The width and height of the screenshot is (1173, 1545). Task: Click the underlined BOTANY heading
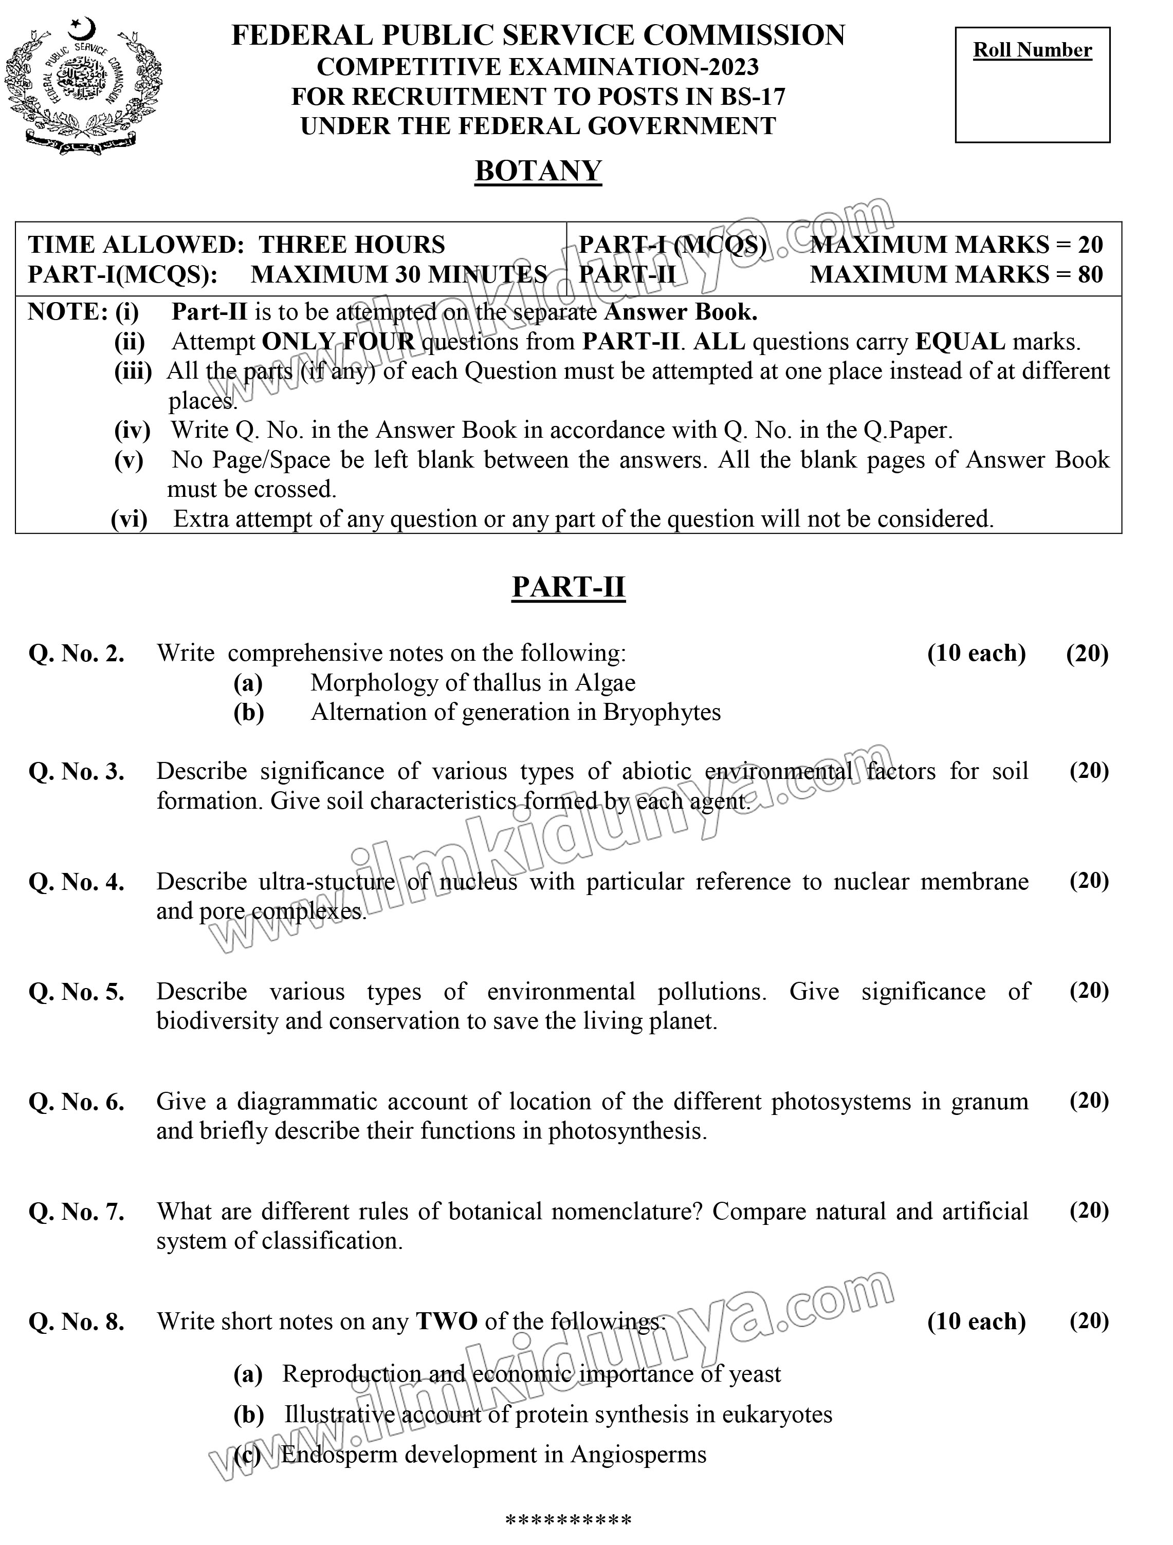click(538, 171)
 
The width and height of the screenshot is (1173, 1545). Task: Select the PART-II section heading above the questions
click(568, 587)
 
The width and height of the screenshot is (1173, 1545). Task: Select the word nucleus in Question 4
click(479, 882)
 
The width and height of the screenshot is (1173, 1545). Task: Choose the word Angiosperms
click(638, 1455)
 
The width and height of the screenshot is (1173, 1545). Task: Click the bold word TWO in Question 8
click(446, 1321)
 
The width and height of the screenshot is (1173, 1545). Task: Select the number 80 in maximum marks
click(1090, 274)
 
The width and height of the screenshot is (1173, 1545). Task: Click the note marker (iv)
click(132, 430)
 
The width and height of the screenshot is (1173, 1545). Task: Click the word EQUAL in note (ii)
click(960, 342)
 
